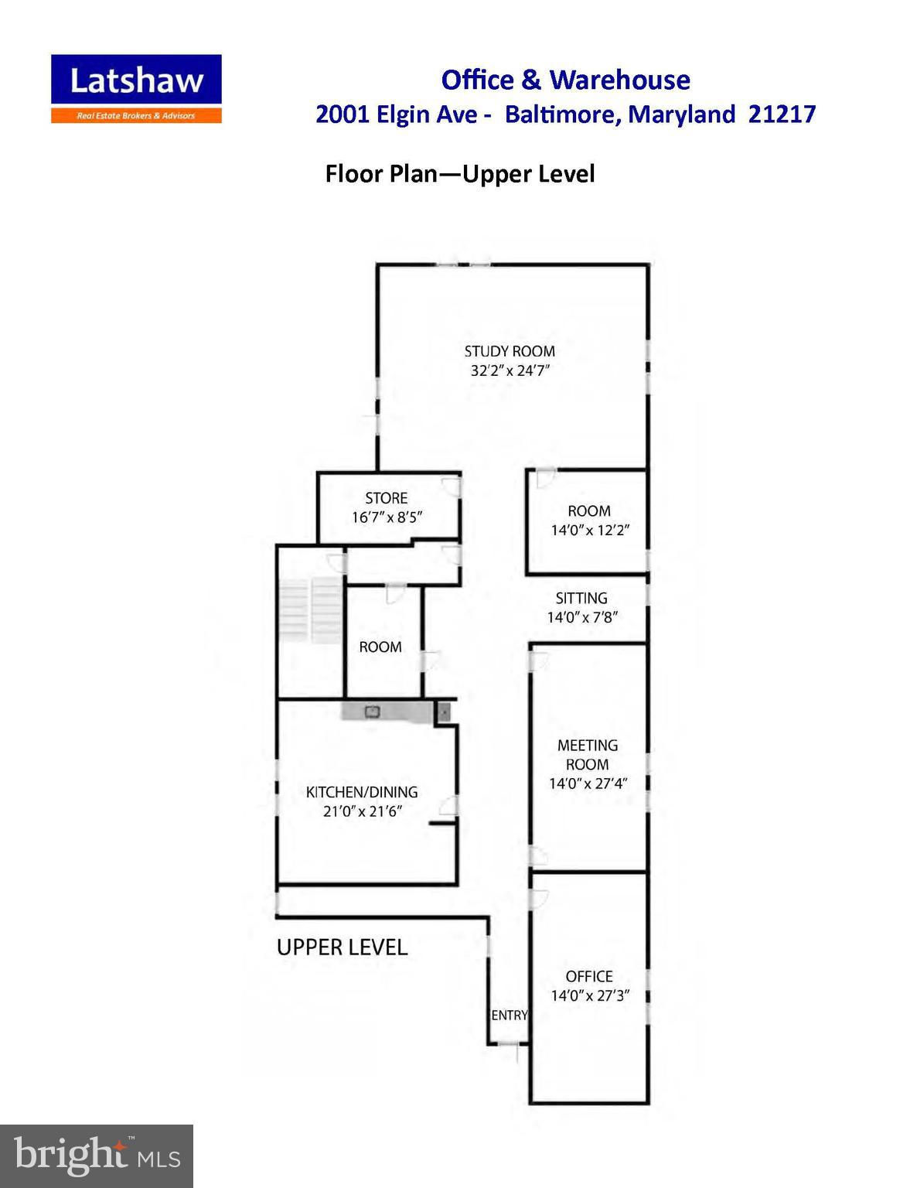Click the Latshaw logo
(136, 89)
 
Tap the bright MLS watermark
(96, 1156)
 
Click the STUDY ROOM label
(510, 351)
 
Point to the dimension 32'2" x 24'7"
(510, 370)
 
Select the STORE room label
(387, 498)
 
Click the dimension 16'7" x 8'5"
(387, 517)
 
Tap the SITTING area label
(581, 598)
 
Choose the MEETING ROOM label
(588, 754)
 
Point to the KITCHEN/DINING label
(362, 792)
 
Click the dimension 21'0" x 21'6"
(363, 811)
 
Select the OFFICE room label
(589, 976)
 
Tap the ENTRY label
(510, 1016)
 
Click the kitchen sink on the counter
(372, 712)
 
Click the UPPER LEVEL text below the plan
(342, 947)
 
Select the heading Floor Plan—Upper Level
(459, 174)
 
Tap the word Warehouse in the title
(620, 80)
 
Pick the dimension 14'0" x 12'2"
(590, 530)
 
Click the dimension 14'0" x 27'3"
(590, 995)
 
